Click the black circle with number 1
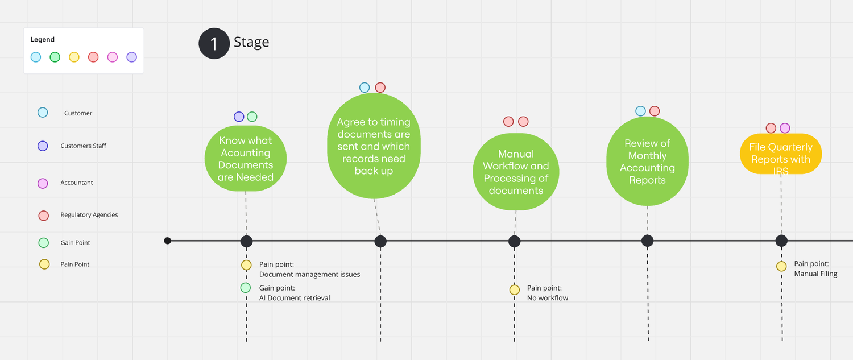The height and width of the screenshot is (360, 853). click(213, 44)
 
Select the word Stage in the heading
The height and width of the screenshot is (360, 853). click(251, 42)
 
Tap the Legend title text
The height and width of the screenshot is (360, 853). click(43, 40)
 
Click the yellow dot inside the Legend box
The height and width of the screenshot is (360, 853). click(74, 57)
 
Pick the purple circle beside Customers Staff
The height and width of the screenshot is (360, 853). click(43, 146)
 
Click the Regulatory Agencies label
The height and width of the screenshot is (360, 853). click(89, 215)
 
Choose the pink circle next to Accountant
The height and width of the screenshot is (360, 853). click(43, 183)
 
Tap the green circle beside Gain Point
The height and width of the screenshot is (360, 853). click(43, 243)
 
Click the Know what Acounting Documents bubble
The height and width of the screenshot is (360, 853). click(246, 159)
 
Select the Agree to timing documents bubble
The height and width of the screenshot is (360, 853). click(374, 147)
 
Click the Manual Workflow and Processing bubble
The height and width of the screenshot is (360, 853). click(516, 172)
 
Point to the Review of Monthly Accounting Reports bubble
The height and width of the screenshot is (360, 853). click(647, 162)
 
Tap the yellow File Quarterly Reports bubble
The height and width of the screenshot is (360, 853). click(781, 154)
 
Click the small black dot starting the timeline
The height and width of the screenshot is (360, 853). click(167, 241)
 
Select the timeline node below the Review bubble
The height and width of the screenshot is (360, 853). click(647, 241)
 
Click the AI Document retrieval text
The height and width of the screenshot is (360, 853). click(295, 298)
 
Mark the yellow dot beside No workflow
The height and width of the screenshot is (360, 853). click(515, 290)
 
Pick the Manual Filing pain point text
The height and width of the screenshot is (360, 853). click(815, 274)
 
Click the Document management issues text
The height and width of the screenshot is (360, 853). click(309, 275)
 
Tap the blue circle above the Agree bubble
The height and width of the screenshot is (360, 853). click(365, 88)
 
